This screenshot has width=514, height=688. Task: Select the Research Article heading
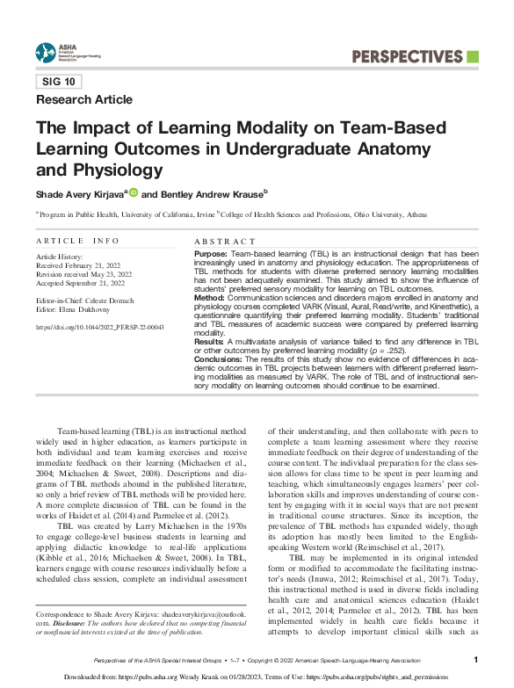tap(84, 99)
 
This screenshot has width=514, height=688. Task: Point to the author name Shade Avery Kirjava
tap(80, 194)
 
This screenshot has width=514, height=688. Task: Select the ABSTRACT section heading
tap(223, 241)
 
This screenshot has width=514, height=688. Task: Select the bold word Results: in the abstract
tap(208, 340)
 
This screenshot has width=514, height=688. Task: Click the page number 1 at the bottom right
tap(475, 659)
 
